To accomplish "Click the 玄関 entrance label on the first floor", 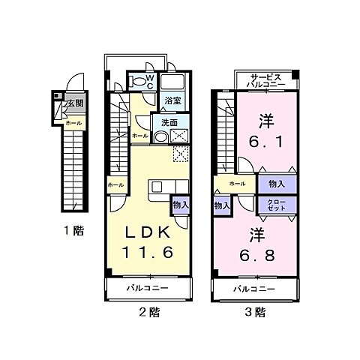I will (x=76, y=103).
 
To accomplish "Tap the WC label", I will (x=149, y=81).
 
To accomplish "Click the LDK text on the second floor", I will (x=150, y=231).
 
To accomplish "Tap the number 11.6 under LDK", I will (x=150, y=253).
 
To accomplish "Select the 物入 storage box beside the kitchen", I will (x=180, y=205).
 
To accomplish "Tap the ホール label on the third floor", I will (x=237, y=184).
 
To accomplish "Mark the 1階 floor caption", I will (x=73, y=231).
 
